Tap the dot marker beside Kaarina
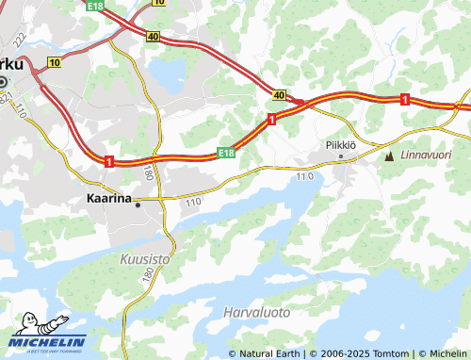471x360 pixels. [138, 203]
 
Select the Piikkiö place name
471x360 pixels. [340, 144]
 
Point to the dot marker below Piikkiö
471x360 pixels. [341, 155]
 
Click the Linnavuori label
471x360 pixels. [425, 155]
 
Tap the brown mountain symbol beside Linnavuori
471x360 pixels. [389, 155]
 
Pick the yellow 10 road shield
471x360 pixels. [54, 62]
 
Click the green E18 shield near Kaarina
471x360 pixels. [225, 152]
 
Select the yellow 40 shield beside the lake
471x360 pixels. [153, 37]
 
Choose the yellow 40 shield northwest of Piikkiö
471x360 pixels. [280, 95]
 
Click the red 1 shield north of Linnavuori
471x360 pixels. [404, 99]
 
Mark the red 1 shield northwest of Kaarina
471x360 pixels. [110, 162]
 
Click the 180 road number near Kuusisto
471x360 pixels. [148, 272]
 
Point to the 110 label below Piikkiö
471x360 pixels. [303, 176]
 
